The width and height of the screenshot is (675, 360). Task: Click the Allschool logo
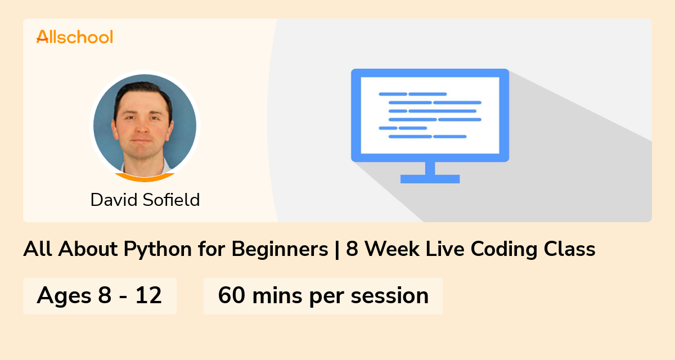coord(75,37)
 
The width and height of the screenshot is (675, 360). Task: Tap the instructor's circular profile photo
coord(145,127)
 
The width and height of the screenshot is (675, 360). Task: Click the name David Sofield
coord(145,200)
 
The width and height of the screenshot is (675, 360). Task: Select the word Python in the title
coord(157,249)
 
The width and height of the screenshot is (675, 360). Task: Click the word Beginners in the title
coord(280,249)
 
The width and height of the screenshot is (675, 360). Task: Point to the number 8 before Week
coord(352,249)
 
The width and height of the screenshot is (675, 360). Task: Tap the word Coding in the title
coord(504,249)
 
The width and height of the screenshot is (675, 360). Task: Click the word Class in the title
coord(569,249)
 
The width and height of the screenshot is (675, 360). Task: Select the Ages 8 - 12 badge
coord(100,296)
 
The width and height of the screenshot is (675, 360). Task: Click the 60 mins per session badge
coord(323,296)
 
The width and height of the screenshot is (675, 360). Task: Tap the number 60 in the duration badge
coord(231,295)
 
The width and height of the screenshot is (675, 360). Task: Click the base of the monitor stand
coord(430,179)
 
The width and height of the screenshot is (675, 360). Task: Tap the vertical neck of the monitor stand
coord(430,168)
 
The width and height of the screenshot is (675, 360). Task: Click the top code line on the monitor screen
coord(412,94)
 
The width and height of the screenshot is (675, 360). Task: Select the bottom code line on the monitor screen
coord(427,137)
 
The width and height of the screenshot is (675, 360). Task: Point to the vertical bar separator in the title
coord(337,249)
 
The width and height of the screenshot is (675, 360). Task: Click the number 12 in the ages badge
coord(148,295)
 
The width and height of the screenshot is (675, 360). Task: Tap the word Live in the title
coord(445,249)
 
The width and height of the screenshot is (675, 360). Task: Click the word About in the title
coord(88,249)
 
